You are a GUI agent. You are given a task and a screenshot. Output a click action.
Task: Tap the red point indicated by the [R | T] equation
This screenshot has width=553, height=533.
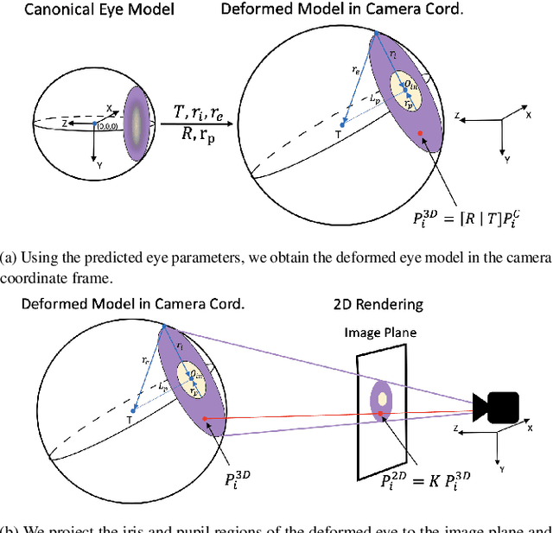point(420,133)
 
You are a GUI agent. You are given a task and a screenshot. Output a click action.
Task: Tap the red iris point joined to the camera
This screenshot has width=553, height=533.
point(205,420)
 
